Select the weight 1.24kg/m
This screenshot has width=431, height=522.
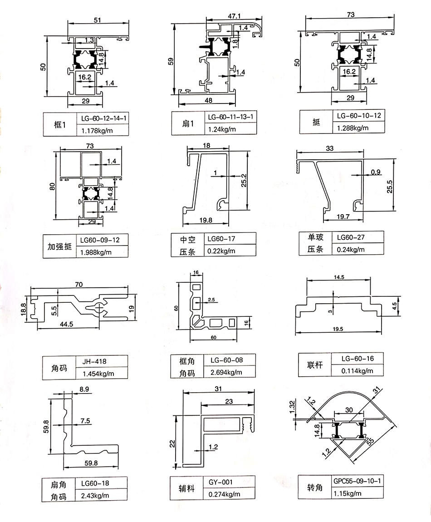click(222, 129)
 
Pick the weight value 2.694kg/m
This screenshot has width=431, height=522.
click(225, 373)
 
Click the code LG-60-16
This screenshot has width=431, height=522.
click(358, 359)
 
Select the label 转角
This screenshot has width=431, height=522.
click(314, 488)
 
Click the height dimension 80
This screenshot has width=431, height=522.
click(52, 187)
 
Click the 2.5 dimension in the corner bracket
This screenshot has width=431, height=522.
click(211, 300)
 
